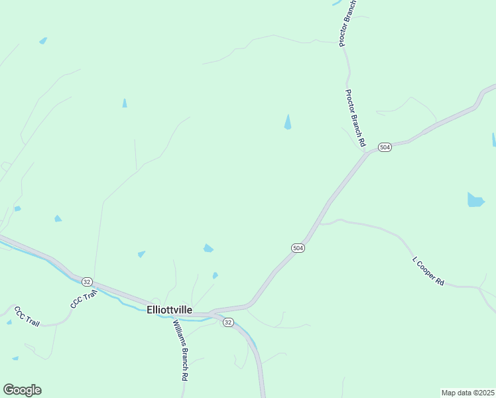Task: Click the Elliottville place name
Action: click(169, 310)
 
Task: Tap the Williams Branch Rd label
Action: click(180, 349)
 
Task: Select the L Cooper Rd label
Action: click(428, 271)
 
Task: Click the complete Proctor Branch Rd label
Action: click(355, 118)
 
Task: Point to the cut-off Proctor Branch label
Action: click(347, 23)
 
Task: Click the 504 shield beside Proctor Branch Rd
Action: click(385, 146)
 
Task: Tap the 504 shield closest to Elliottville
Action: click(298, 247)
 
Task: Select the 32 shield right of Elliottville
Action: click(228, 322)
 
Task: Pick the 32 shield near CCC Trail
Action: click(88, 281)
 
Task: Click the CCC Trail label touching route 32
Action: click(84, 299)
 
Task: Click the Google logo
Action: click(22, 390)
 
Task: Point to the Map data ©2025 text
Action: click(467, 393)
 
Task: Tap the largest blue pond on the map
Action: click(475, 200)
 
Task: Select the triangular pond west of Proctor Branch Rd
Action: click(287, 122)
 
